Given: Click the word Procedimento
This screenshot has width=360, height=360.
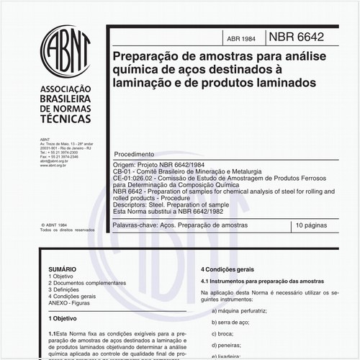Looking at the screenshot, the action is pyautogui.click(x=134, y=154).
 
